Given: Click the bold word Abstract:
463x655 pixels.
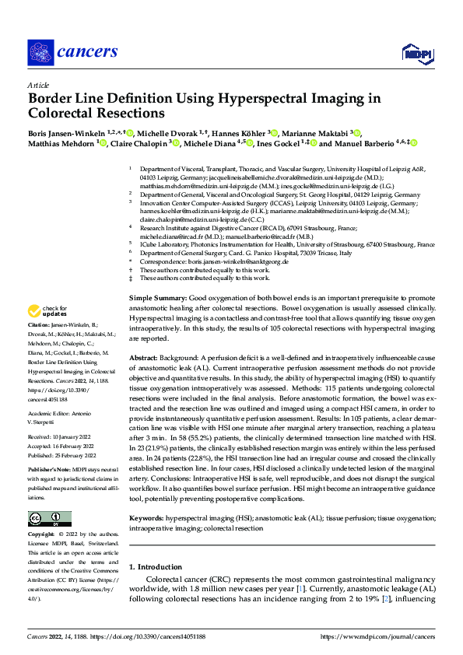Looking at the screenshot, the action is pyautogui.click(x=146, y=357).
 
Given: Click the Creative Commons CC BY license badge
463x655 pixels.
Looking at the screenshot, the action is pyautogui.click(x=50, y=518).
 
